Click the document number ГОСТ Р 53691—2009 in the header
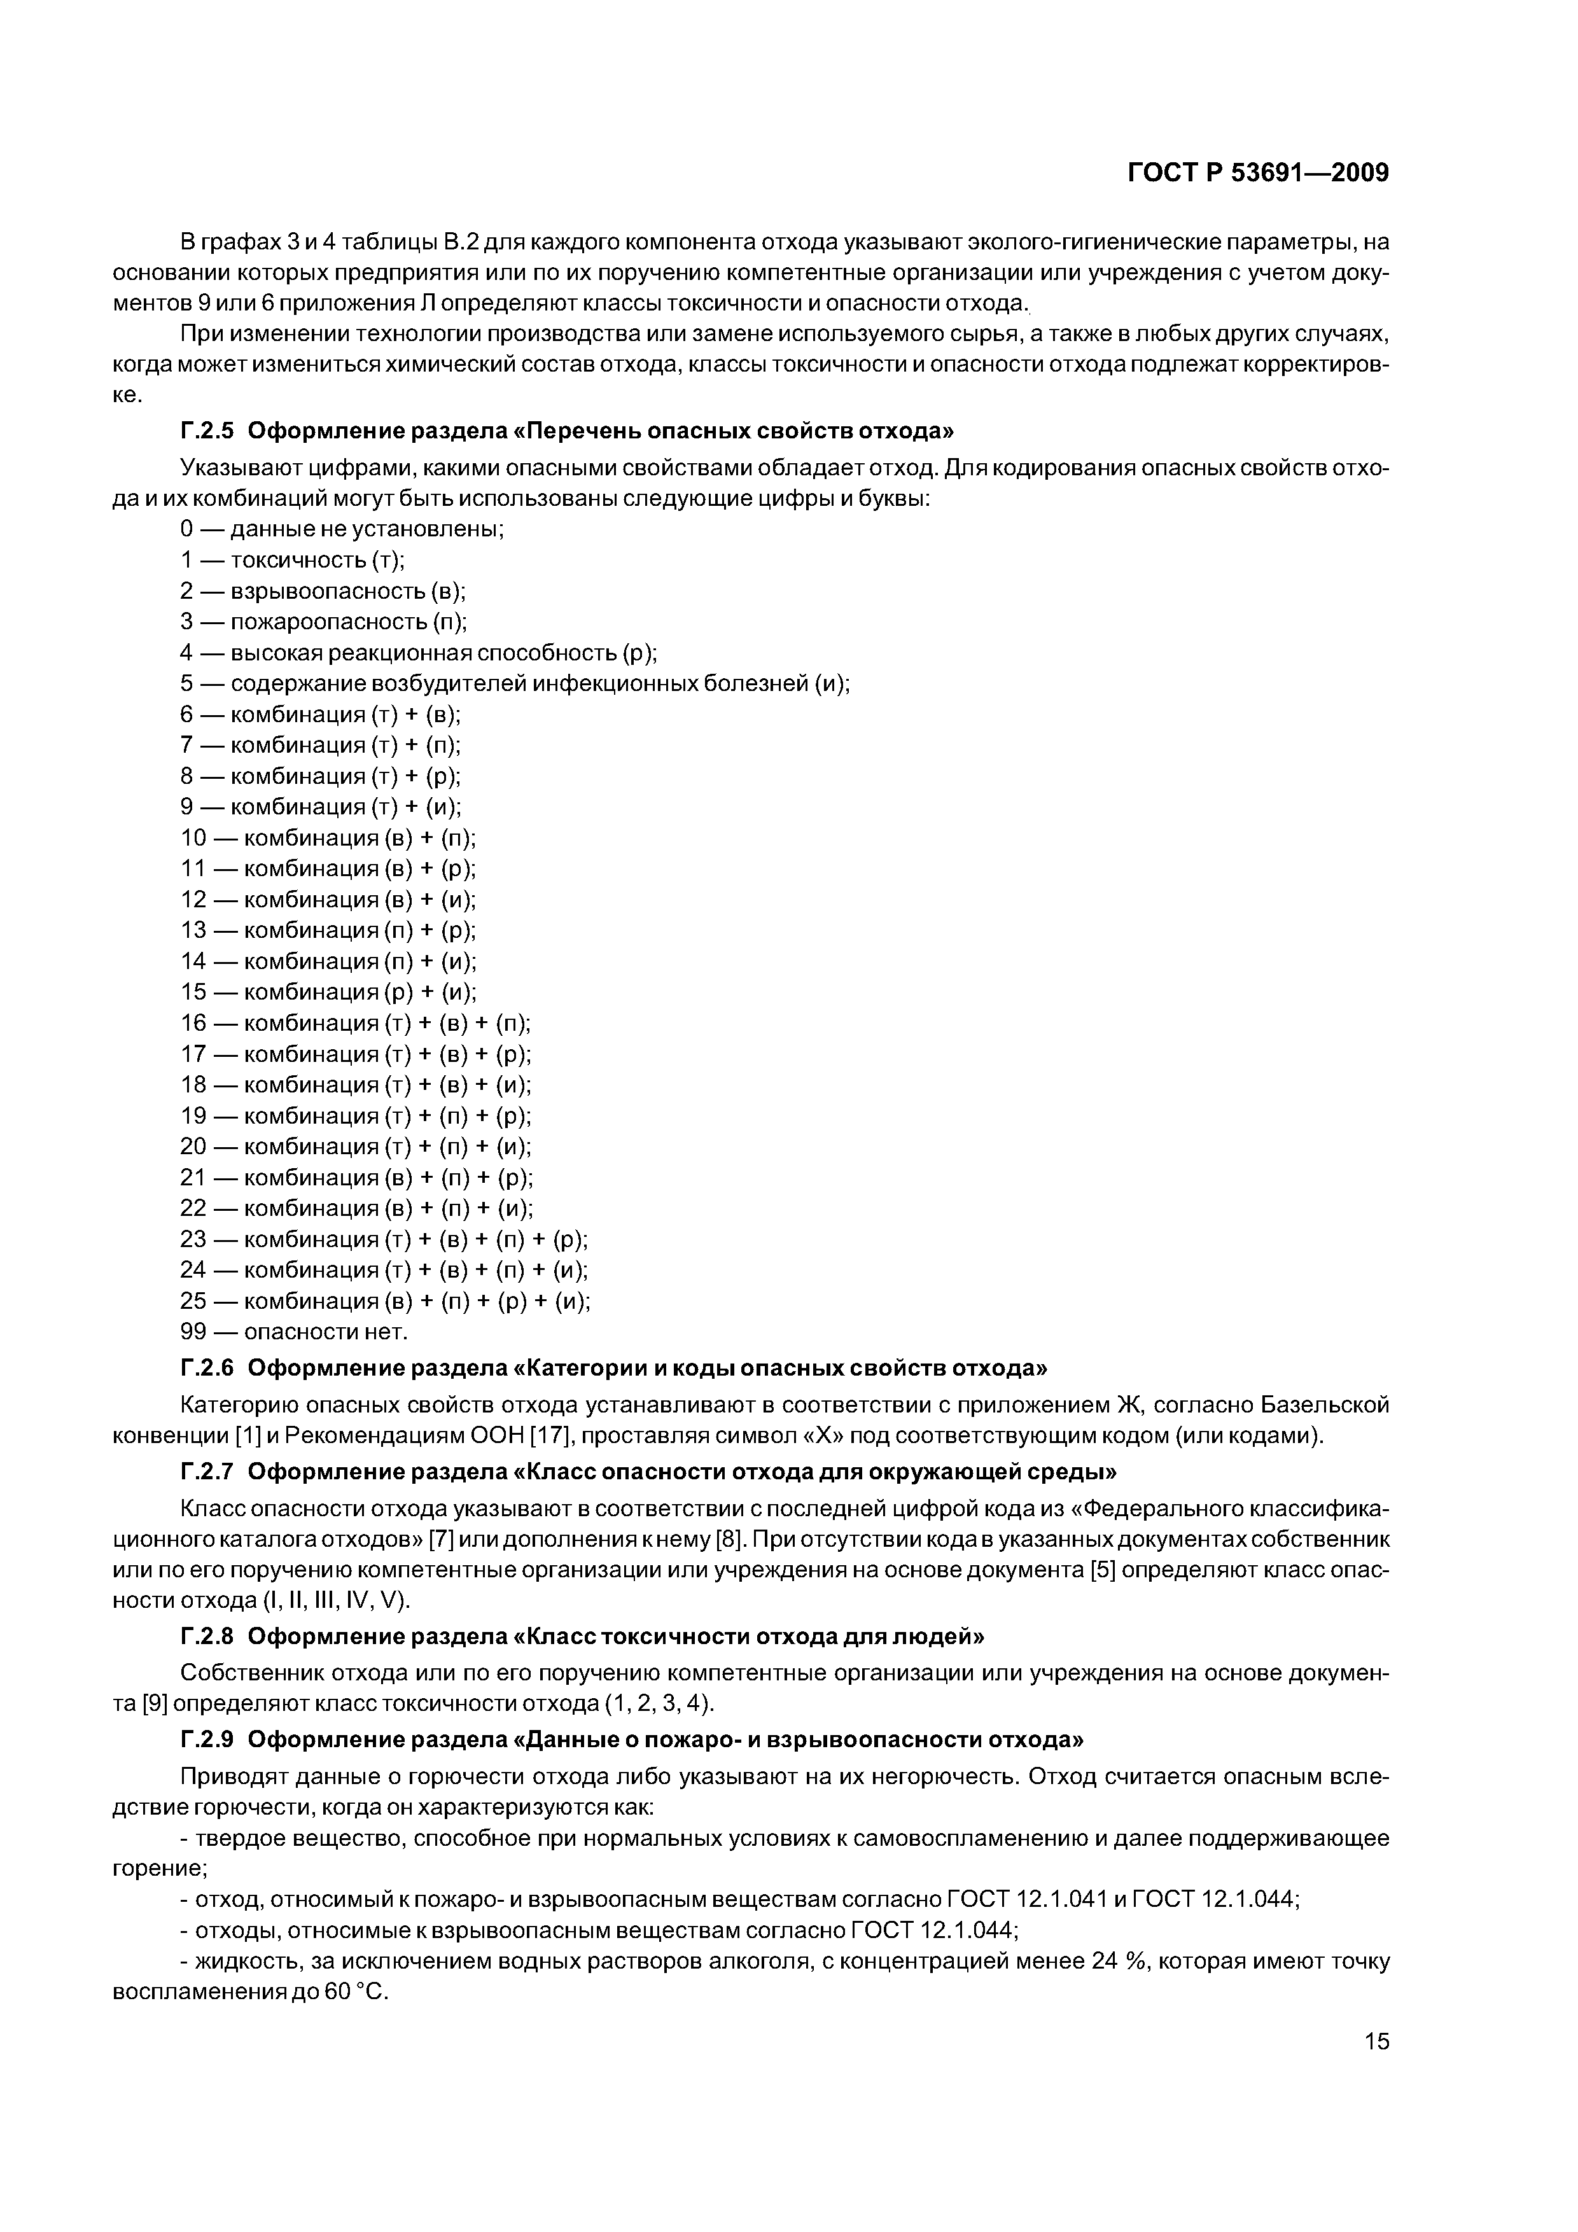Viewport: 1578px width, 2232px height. tap(1257, 173)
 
